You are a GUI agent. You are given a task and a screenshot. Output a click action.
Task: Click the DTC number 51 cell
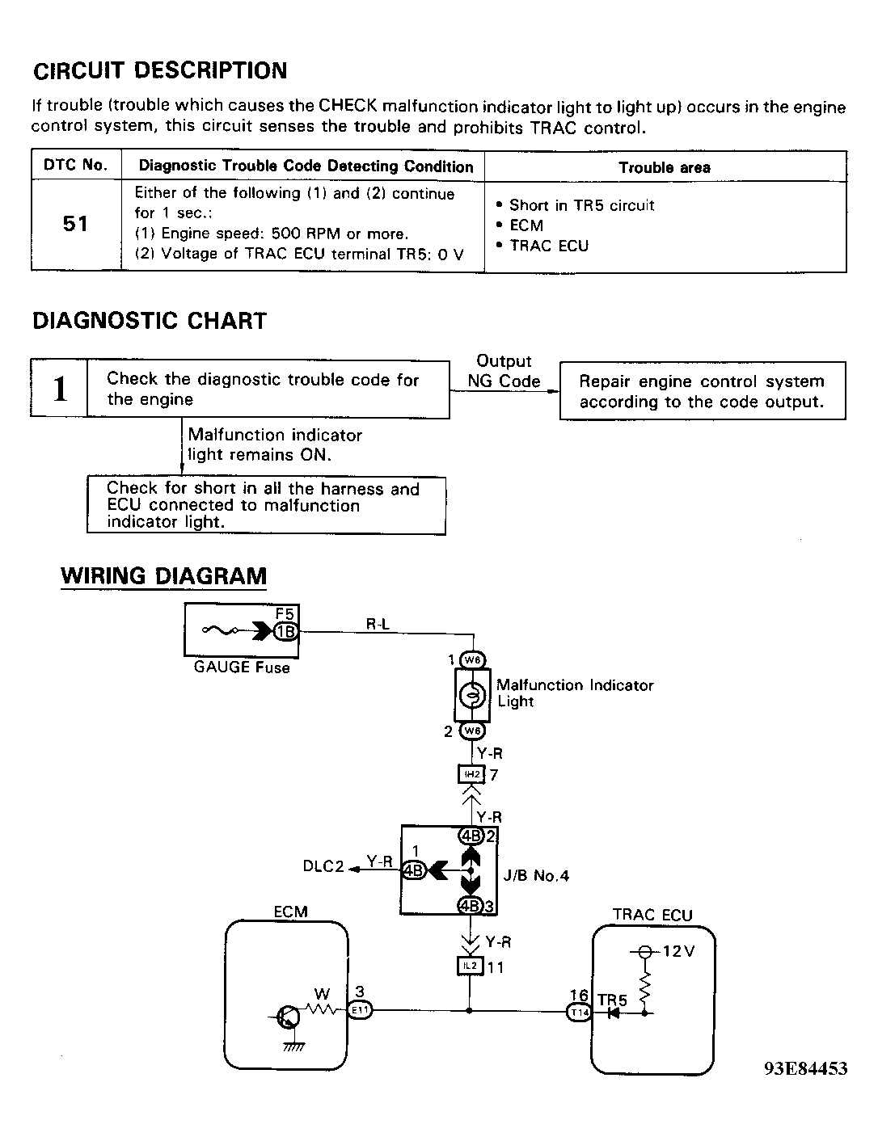point(75,224)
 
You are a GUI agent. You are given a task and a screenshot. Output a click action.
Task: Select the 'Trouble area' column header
point(665,167)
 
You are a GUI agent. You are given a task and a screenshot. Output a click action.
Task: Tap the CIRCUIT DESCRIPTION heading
point(160,70)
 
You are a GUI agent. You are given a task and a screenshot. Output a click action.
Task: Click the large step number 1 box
point(59,388)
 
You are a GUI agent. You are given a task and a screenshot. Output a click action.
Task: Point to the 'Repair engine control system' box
point(703,391)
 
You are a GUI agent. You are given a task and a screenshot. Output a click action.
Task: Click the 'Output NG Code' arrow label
point(504,371)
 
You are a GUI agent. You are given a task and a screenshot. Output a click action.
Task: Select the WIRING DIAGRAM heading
point(164,575)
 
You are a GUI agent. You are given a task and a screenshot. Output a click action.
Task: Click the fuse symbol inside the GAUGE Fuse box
point(221,630)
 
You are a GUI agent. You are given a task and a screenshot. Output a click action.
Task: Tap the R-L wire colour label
point(378,624)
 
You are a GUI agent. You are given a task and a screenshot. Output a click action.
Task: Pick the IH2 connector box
point(471,774)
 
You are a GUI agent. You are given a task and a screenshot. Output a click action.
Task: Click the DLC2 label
point(323,866)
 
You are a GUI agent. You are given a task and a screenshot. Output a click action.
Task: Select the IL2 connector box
point(470,966)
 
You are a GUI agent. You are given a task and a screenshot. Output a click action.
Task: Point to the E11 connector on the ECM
point(360,1010)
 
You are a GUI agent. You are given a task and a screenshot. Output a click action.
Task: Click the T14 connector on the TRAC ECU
point(580,1013)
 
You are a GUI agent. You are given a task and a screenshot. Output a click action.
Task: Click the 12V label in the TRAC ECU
point(678,951)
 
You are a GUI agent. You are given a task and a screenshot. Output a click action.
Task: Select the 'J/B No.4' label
point(536,875)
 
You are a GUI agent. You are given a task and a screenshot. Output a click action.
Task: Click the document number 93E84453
point(805,1068)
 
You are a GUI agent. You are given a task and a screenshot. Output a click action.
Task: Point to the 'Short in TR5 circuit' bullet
point(576,205)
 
